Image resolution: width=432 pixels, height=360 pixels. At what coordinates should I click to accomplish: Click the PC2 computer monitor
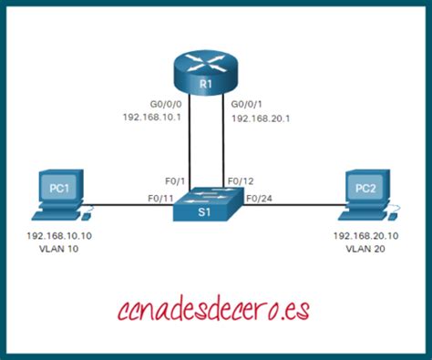[372, 189]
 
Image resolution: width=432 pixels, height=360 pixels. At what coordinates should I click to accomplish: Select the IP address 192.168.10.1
[153, 117]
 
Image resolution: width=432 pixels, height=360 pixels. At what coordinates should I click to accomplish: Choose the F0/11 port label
[161, 199]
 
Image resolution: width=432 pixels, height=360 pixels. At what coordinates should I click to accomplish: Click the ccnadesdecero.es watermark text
[215, 309]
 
